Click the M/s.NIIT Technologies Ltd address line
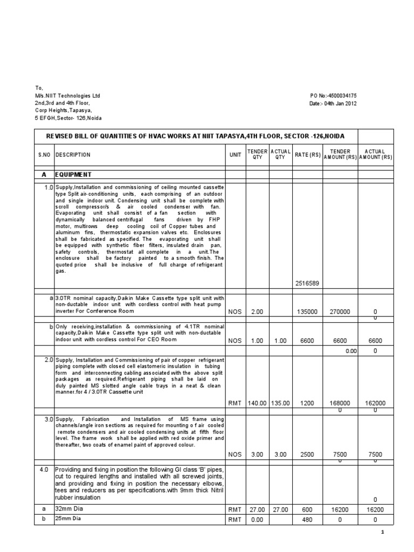pyautogui.click(x=67, y=95)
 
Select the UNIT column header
pyautogui.click(x=235, y=155)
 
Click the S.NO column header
pyautogui.click(x=44, y=155)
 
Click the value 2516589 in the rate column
pyautogui.click(x=307, y=284)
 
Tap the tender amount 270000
pyautogui.click(x=340, y=311)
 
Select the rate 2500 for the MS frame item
pyautogui.click(x=307, y=454)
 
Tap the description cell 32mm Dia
pyautogui.click(x=66, y=508)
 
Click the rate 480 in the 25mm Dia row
pyautogui.click(x=307, y=520)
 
